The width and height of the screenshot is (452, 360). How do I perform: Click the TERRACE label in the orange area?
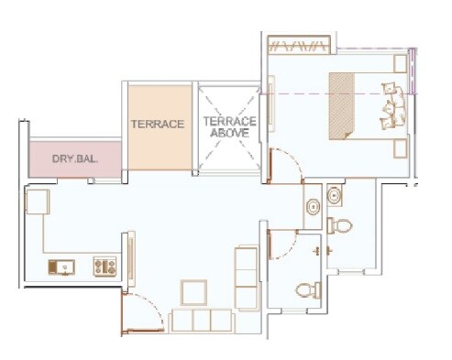coord(158,124)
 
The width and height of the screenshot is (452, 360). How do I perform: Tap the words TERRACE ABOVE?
coord(229,126)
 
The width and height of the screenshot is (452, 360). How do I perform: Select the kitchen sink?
coord(61,267)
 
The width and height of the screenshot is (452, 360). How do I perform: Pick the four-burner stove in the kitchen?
coord(104,267)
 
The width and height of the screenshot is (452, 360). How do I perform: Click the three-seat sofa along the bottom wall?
coord(201,320)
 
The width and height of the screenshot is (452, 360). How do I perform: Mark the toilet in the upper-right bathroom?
coord(341,225)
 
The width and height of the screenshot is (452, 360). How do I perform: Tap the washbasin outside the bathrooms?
coord(313,205)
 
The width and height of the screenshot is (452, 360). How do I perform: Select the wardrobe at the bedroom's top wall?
coord(297,44)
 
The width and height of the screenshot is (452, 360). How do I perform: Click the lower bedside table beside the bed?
coord(400,149)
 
